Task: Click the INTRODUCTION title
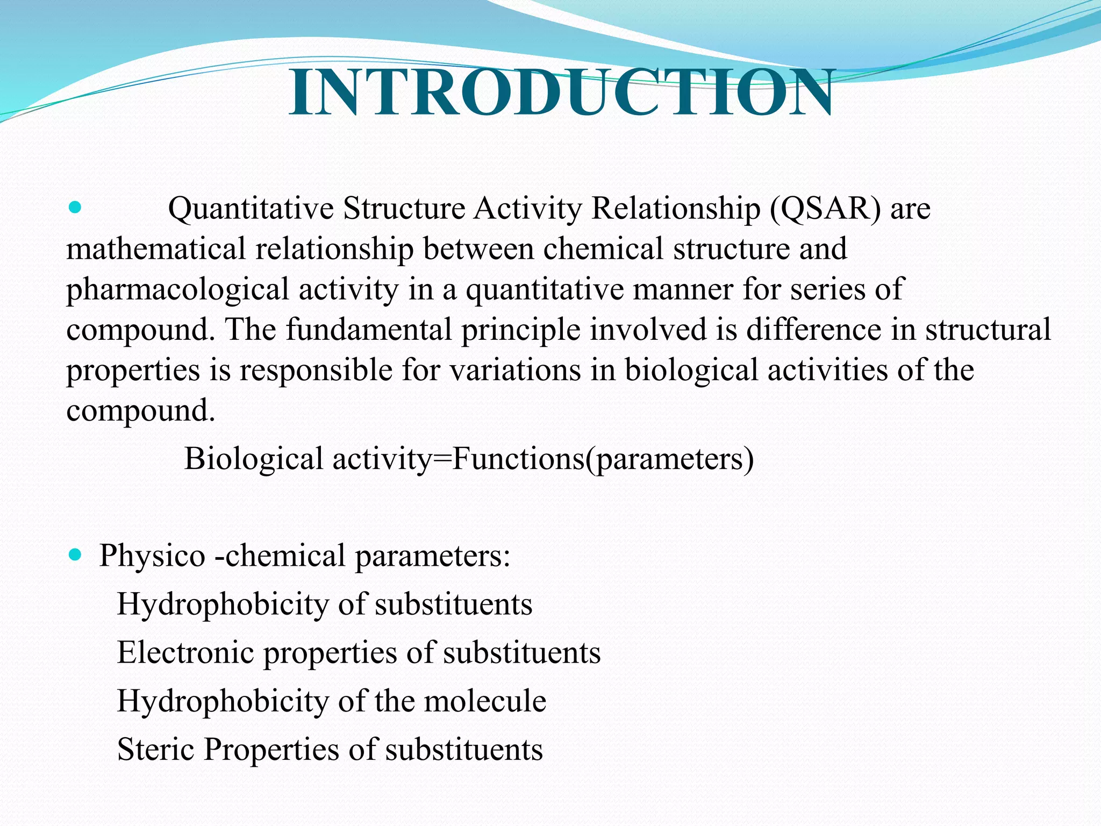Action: (x=561, y=94)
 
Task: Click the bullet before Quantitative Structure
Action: (x=75, y=207)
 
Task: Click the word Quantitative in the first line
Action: (x=251, y=209)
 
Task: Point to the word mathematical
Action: (x=156, y=249)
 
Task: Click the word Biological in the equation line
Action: (x=253, y=460)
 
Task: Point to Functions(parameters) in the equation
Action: (x=603, y=460)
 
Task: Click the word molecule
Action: (x=485, y=701)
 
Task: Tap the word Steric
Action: (x=155, y=750)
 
